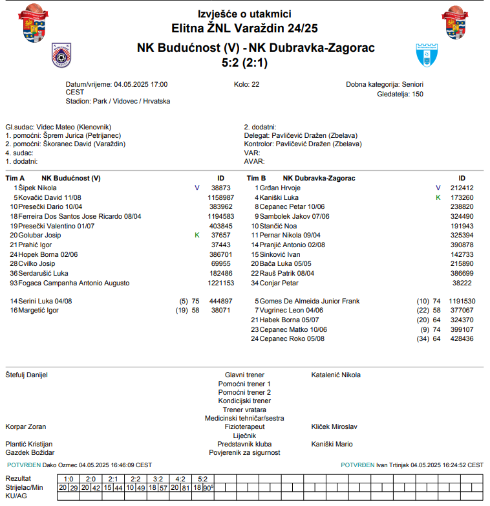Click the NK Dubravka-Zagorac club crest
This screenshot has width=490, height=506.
[x=428, y=56]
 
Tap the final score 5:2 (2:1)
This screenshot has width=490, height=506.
[x=244, y=63]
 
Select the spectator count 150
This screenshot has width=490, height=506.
[x=418, y=94]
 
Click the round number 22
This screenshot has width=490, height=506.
[x=255, y=85]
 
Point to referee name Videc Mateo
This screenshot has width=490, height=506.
[x=55, y=127]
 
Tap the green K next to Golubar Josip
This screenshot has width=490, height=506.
[x=197, y=235]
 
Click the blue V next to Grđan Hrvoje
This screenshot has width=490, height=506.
[x=438, y=188]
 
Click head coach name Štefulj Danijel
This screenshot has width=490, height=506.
[x=27, y=375]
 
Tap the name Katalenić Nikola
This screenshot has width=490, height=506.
[x=336, y=375]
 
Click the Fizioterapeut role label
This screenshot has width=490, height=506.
[x=244, y=427]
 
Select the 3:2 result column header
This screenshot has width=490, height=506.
[x=157, y=479]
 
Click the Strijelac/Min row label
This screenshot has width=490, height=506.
[x=24, y=487]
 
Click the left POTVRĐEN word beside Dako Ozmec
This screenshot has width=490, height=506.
[x=24, y=465]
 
